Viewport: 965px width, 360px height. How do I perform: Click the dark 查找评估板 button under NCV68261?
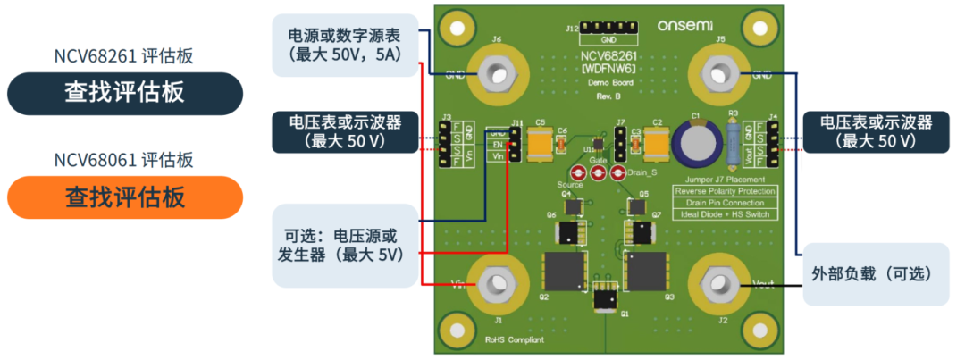[124, 93]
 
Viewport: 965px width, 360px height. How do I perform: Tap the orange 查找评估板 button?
[124, 197]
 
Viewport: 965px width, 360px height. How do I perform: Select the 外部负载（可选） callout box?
[875, 274]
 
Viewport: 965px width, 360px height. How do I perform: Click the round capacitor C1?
[695, 142]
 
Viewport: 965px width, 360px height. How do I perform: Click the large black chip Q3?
[650, 267]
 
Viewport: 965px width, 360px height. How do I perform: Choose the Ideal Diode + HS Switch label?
[725, 214]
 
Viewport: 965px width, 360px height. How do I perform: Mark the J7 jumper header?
[619, 138]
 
